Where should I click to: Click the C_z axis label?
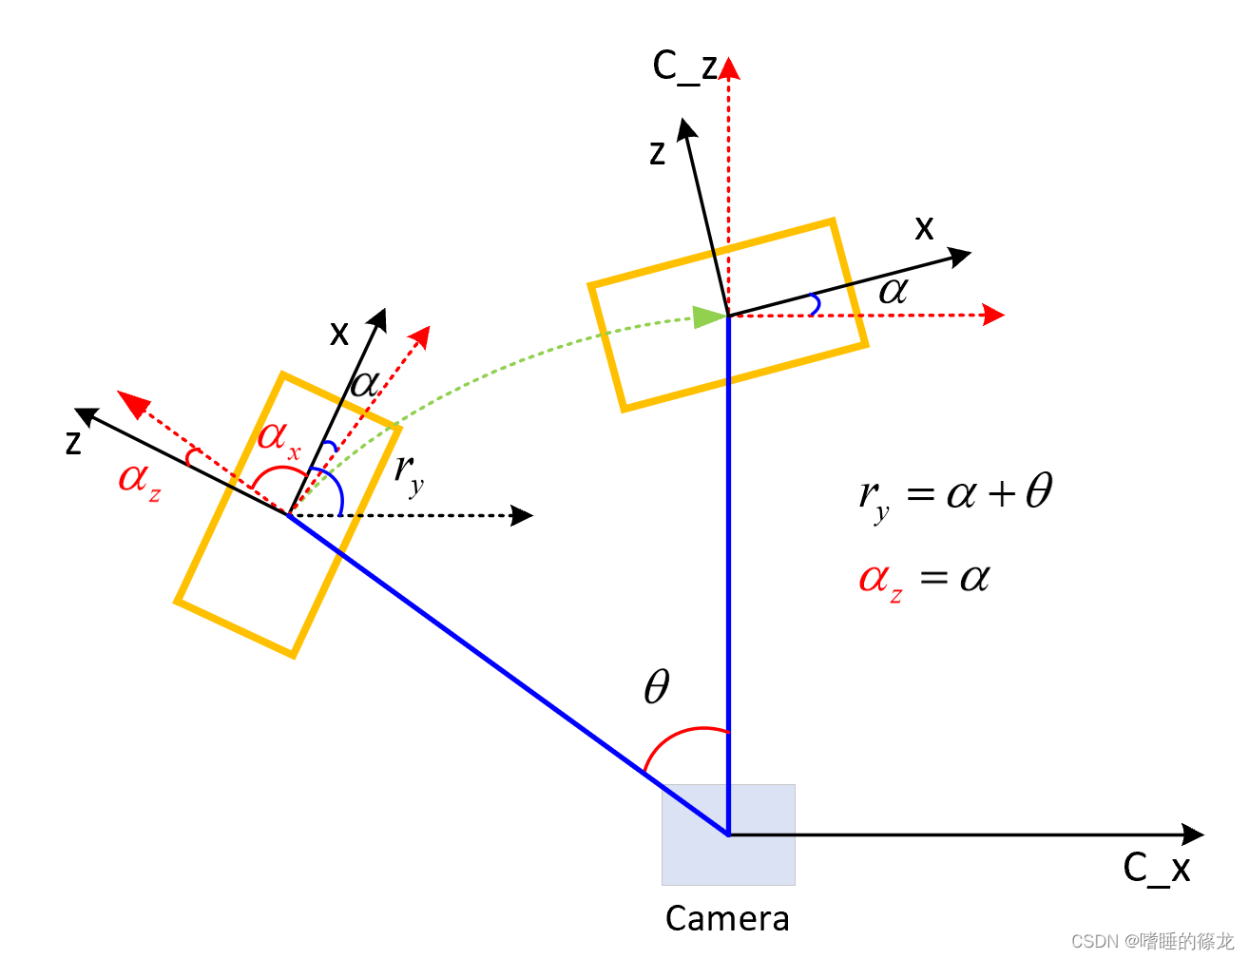(x=683, y=67)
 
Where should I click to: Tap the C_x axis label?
(x=1156, y=868)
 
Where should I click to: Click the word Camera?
(x=727, y=918)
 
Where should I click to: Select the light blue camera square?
(x=728, y=834)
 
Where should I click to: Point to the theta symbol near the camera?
(x=657, y=686)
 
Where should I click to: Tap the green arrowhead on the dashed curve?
(x=708, y=316)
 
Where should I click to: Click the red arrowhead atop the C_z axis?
(x=729, y=68)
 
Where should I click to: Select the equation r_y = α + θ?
(x=955, y=495)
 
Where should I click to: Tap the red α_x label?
(x=279, y=438)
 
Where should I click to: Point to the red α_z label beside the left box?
(x=139, y=478)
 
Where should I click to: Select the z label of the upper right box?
(x=657, y=152)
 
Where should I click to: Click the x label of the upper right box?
(x=924, y=228)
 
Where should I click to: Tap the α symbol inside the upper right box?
(x=893, y=290)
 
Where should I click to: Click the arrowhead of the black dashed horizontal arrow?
(x=523, y=515)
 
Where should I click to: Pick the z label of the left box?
(x=73, y=442)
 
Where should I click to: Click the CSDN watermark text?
(x=1151, y=941)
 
